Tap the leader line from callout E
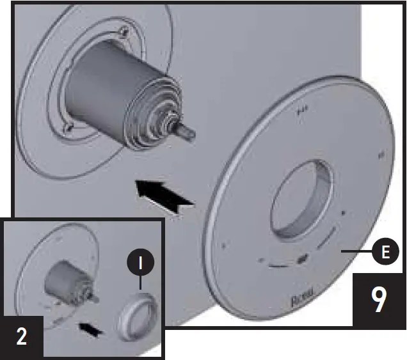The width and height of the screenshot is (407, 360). coord(356,252)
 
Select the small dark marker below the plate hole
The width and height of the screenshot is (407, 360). coord(302,260)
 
